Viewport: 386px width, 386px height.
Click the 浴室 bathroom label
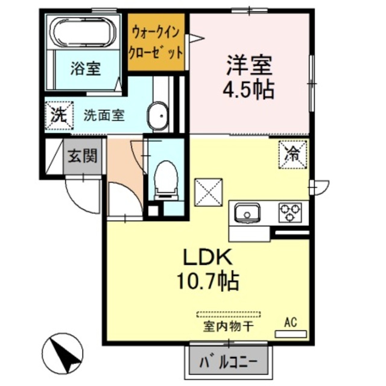84,69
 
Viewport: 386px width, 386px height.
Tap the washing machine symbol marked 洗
59,114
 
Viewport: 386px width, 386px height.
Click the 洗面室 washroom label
104,114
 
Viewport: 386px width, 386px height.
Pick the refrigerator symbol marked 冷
293,153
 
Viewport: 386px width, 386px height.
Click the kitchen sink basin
247,213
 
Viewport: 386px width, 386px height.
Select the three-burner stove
289,212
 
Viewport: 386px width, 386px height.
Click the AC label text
290,323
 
